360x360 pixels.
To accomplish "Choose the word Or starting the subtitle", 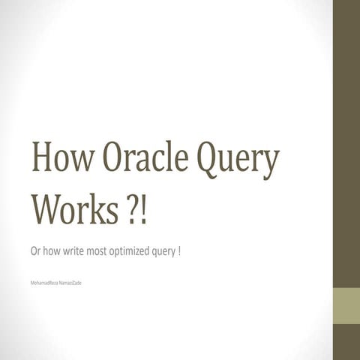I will tap(34, 250).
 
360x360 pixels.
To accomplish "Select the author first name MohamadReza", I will tap(43, 283).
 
